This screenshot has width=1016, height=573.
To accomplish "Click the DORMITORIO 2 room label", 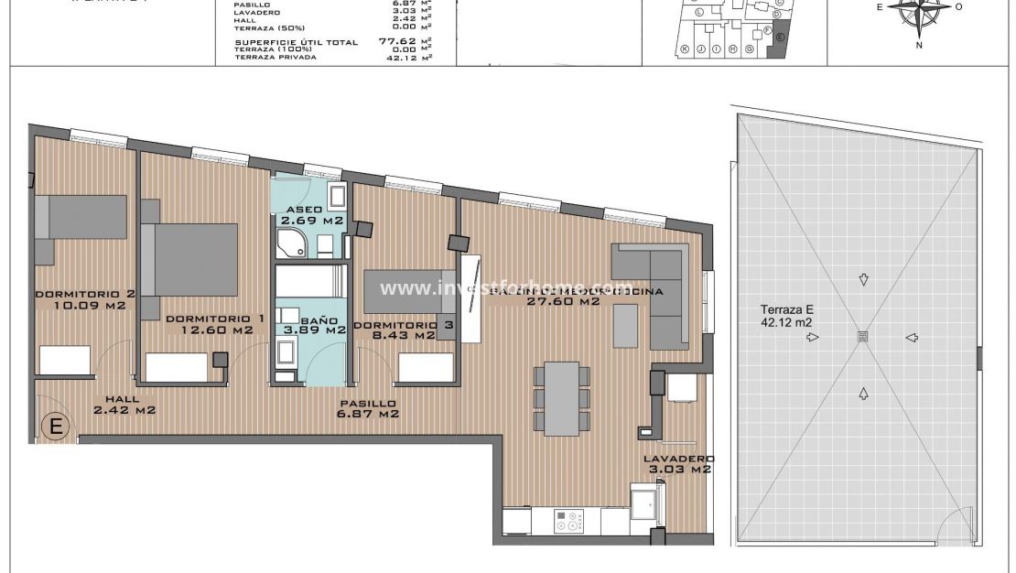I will pyautogui.click(x=84, y=300).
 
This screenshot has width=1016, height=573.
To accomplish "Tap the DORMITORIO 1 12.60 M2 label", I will pyautogui.click(x=215, y=324).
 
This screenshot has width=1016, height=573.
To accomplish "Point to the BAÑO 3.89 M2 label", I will pyautogui.click(x=311, y=327).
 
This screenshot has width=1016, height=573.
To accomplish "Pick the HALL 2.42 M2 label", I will pyautogui.click(x=124, y=405).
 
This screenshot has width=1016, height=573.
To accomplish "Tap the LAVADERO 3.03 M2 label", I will pyautogui.click(x=678, y=463).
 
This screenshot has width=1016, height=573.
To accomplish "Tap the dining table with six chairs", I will pyautogui.click(x=561, y=398).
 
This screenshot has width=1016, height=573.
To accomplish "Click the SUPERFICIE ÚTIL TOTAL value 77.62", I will pyautogui.click(x=398, y=41).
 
